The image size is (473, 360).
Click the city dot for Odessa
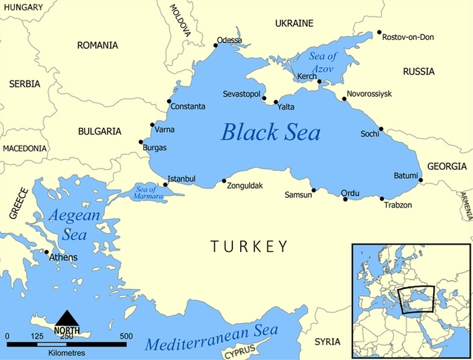[x=216, y=45]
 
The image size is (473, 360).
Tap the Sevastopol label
[x=244, y=95]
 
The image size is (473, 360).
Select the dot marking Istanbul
[x=166, y=184]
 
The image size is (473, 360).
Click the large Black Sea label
[x=271, y=133]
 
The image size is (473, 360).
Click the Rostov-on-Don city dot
[x=379, y=33]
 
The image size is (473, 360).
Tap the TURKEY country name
[x=248, y=246]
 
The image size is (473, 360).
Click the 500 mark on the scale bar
[x=126, y=336]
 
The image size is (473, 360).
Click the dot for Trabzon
[x=382, y=198]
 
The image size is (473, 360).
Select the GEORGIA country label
[x=447, y=166]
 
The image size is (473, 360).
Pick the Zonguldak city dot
[x=224, y=180]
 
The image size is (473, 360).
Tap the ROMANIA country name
[x=98, y=45]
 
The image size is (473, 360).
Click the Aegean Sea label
[x=67, y=225]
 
